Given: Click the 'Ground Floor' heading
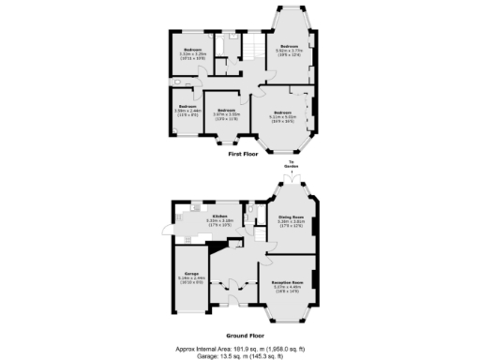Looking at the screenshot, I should (x=243, y=334).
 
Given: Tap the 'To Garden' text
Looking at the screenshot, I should (x=292, y=163).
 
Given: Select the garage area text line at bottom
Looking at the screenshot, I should (x=242, y=353).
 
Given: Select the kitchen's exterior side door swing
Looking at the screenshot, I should (x=168, y=231).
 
